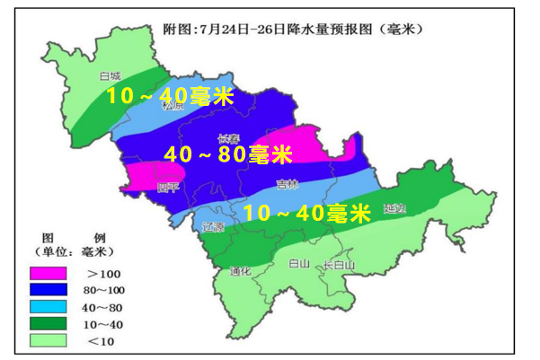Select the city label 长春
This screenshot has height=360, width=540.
[x=228, y=138]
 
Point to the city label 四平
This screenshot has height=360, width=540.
[x=168, y=187]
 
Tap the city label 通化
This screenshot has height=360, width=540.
[x=239, y=270]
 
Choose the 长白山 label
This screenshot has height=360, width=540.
[x=339, y=265]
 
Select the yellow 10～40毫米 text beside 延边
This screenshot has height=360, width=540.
[x=307, y=214]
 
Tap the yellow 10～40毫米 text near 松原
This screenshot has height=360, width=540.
[x=170, y=95]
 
